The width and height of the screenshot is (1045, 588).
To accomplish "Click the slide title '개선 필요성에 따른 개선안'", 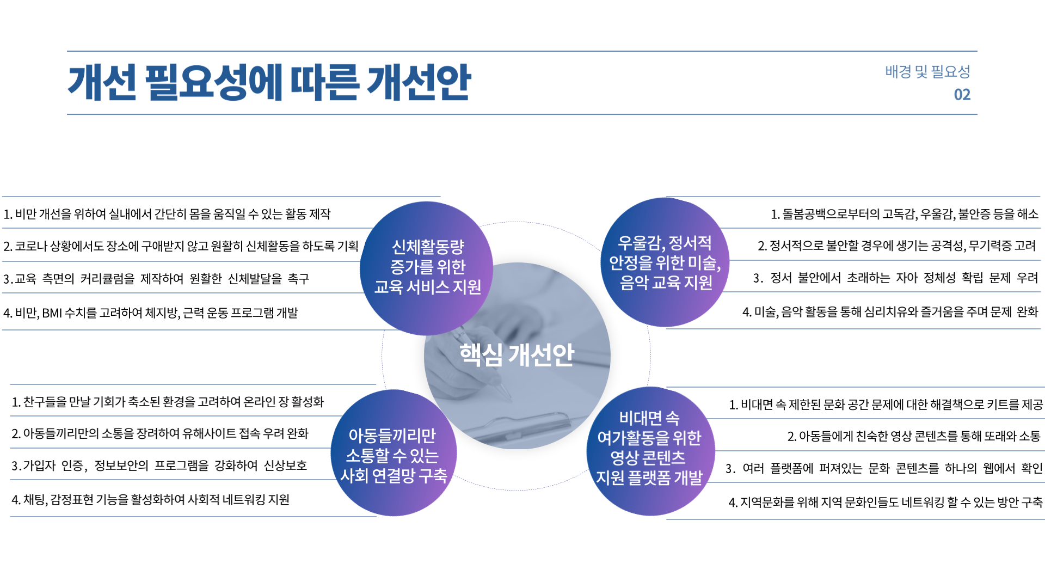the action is pos(269,82).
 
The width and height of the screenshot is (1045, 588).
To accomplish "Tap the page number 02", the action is pos(962,95).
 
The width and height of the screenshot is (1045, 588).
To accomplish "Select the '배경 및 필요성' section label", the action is pos(927,71).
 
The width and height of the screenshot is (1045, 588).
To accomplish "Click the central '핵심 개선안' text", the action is pos(517,355).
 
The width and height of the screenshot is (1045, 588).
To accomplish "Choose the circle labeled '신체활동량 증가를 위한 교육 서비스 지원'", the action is pos(427,267).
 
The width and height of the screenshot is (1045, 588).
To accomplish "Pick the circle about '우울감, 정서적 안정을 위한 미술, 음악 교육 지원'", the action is pos(665,263).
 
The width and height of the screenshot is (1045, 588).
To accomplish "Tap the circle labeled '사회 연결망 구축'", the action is pos(394,455).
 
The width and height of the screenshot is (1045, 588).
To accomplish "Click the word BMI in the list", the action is pos(52,313).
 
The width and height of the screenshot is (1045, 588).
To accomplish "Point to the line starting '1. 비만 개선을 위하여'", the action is pos(167,214).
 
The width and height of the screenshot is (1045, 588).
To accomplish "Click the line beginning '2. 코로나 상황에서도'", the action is pos(181,246).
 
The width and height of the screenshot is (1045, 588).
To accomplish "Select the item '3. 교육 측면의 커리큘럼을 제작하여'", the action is pos(156,279).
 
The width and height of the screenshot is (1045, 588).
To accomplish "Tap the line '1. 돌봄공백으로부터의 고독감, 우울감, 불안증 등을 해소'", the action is pos(904,214).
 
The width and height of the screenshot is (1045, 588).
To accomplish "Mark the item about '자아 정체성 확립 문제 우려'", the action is pos(895,278).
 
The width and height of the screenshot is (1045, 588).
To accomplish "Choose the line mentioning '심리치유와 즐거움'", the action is pos(890,312).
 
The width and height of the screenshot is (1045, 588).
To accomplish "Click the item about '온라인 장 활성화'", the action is pos(168,402).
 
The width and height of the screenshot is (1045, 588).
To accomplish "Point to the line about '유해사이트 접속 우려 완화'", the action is pos(160,433).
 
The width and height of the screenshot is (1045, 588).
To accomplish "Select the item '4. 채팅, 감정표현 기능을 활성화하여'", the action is pos(151,499).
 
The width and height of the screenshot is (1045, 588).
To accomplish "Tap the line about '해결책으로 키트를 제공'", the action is pos(886,405).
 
